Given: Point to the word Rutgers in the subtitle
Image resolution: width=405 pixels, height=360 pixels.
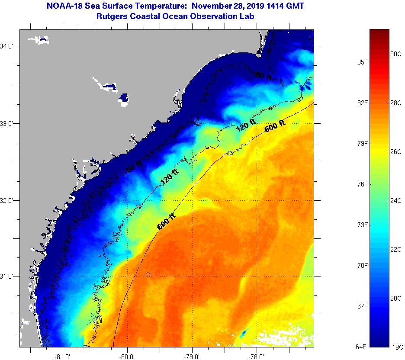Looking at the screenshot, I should (111, 16).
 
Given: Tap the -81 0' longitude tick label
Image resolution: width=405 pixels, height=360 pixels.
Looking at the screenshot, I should (63, 357).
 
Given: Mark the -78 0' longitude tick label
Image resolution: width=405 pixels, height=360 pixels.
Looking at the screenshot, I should (257, 357).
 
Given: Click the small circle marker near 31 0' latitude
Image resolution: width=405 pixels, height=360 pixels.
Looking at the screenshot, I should (148, 274).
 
